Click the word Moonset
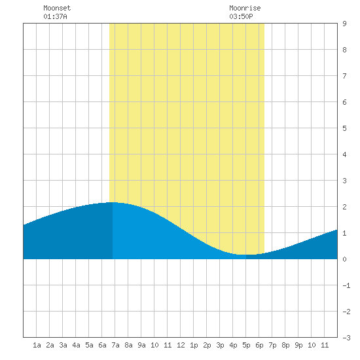57,8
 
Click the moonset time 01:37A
55,16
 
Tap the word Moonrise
245,8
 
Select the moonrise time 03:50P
241,16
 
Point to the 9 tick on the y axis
344,24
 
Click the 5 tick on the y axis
344,128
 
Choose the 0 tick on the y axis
344,259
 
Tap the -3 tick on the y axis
346,338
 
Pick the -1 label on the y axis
346,285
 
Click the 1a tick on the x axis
37,345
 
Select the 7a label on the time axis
115,345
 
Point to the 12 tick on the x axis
181,345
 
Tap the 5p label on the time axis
246,345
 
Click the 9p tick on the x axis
298,345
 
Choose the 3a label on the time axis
63,345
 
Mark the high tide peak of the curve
113,202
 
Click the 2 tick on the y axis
344,207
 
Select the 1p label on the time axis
194,345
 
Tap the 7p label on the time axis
272,345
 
